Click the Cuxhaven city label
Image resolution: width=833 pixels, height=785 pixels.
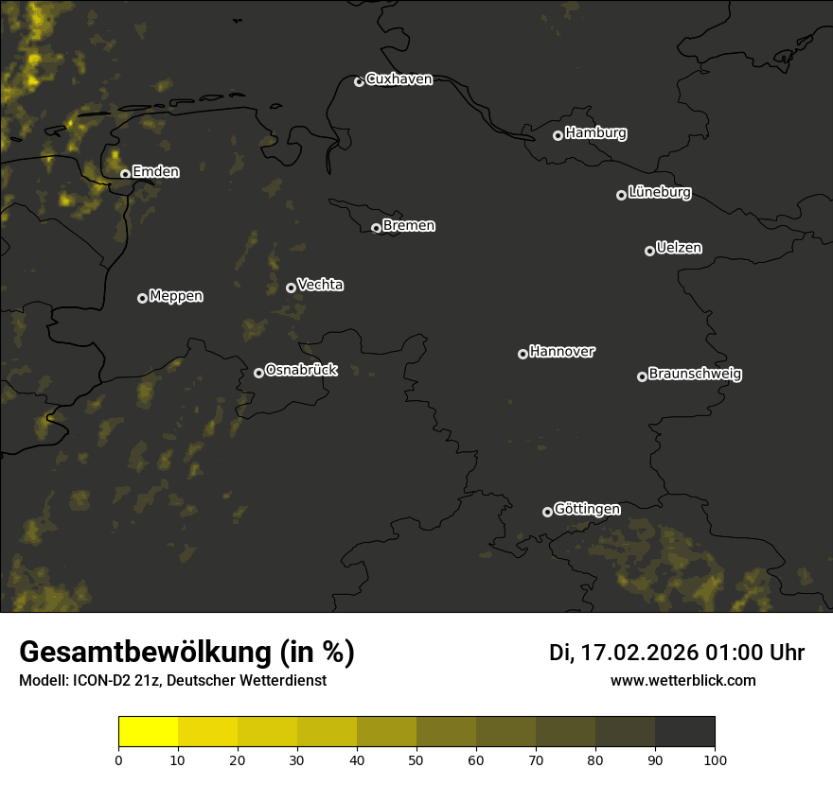pos(399,79)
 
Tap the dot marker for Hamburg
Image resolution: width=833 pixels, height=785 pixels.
pos(558,135)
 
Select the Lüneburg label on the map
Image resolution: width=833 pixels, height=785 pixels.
pos(659,193)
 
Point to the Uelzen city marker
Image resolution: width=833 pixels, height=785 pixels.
pos(649,251)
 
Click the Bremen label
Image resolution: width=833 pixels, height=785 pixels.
pos(409,226)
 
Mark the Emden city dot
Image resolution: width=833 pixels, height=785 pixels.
pos(125,174)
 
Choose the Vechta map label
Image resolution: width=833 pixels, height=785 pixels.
pos(320,285)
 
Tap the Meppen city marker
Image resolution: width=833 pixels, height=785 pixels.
pos(142,298)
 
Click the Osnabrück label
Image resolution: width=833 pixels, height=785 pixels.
pos(301,370)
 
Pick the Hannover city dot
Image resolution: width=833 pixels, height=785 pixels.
pos(523,354)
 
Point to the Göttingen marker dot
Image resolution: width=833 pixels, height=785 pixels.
pos(547,512)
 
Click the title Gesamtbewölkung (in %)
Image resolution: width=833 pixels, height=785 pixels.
pos(186,653)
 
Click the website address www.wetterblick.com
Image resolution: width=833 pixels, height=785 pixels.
pos(682,680)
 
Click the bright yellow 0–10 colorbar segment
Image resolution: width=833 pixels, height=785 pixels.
pos(148,732)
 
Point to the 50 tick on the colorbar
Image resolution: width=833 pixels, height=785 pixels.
pos(416,759)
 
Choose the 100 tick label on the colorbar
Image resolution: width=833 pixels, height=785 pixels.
pos(715,759)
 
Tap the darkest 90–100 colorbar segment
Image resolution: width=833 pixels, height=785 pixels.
pos(684,732)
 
